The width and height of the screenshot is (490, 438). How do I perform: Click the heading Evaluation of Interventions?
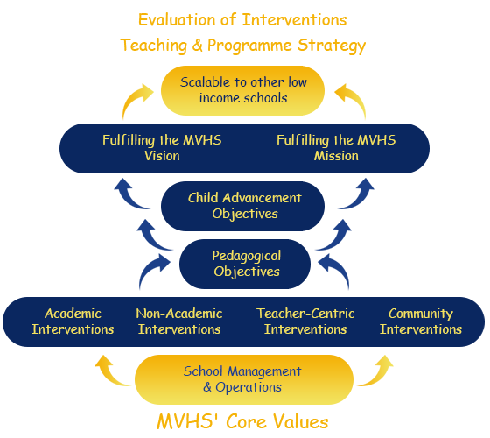point(242,19)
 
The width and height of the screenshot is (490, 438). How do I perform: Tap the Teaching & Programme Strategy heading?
point(243,46)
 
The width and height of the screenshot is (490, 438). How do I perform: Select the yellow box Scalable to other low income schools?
point(243,90)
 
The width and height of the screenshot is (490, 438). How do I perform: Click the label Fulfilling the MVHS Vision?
point(162,148)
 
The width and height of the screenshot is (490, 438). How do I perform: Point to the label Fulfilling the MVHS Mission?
point(336,148)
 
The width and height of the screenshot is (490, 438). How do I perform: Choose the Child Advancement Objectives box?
point(243,206)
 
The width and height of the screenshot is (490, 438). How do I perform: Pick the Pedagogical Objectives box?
point(245,264)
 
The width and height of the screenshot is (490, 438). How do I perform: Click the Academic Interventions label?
point(73,321)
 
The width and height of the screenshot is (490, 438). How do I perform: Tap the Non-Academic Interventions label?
point(179,321)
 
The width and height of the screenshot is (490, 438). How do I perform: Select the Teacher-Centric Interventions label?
point(305,321)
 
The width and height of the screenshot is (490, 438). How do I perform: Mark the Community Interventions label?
point(421,321)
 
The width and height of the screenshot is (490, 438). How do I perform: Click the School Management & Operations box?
point(244,379)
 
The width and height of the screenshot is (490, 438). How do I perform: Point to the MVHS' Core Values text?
point(242,421)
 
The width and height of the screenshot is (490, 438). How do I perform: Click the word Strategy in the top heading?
point(332,46)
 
